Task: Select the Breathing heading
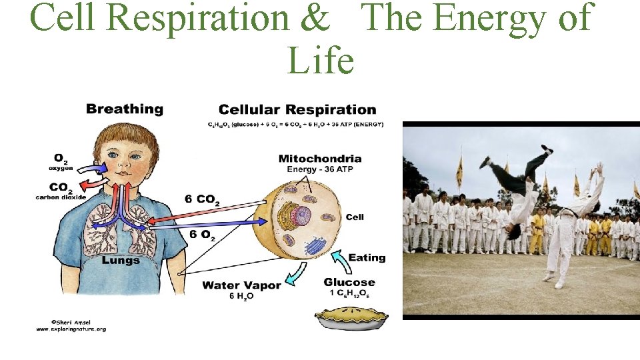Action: click(125, 109)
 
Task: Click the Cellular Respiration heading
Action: click(297, 109)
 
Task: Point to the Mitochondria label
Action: click(320, 159)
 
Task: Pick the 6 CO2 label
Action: click(204, 199)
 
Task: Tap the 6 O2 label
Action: click(202, 234)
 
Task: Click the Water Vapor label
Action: click(241, 285)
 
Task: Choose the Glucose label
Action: click(349, 282)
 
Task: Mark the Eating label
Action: click(367, 257)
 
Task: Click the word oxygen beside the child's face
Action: click(61, 168)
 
